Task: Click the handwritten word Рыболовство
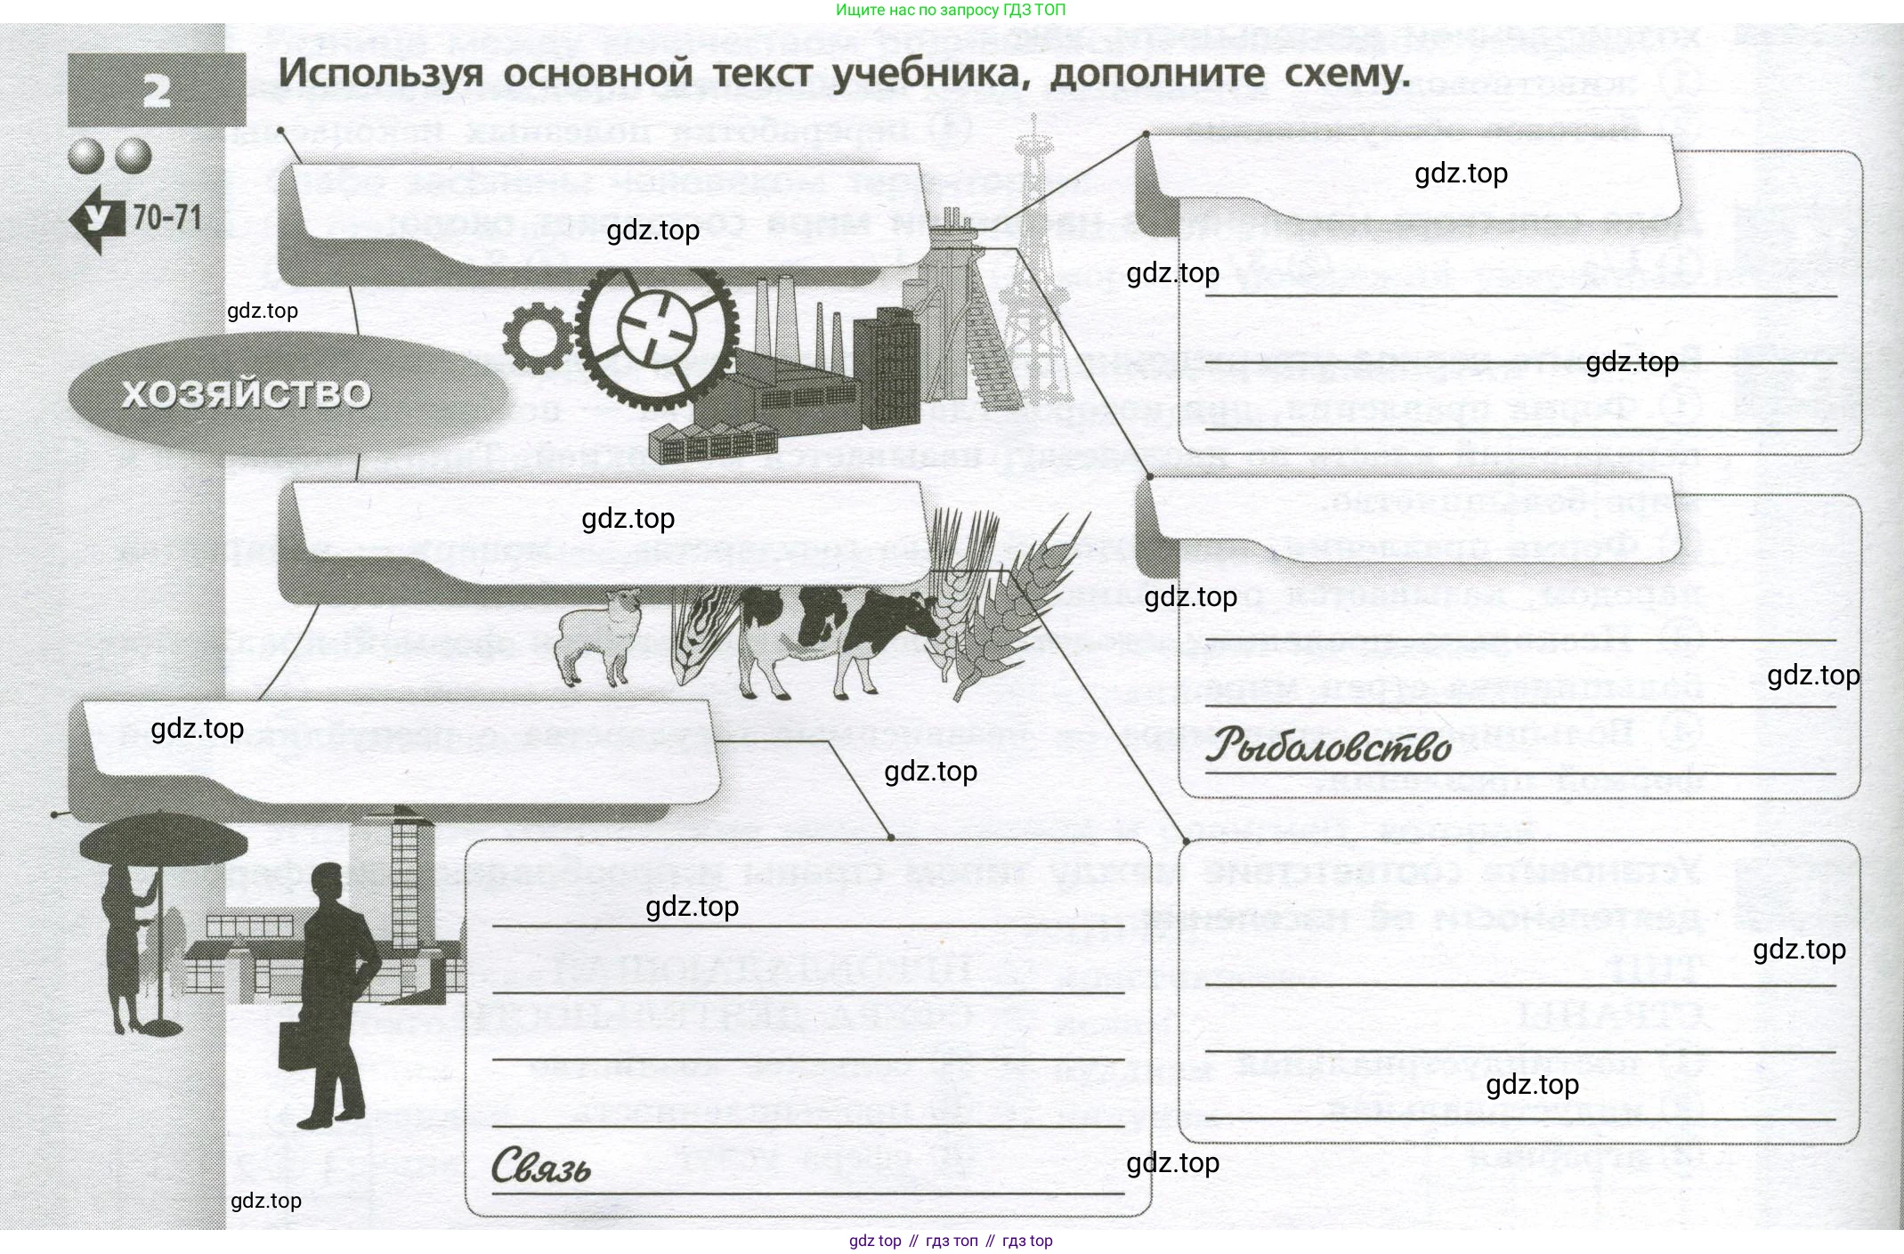(x=1328, y=746)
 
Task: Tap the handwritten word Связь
(x=540, y=1166)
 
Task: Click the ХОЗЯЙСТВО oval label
(x=246, y=393)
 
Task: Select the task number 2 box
(x=157, y=90)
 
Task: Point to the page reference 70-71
(x=167, y=217)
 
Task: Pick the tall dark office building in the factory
(x=885, y=365)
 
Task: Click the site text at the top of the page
(x=951, y=10)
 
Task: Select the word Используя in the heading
(x=380, y=74)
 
